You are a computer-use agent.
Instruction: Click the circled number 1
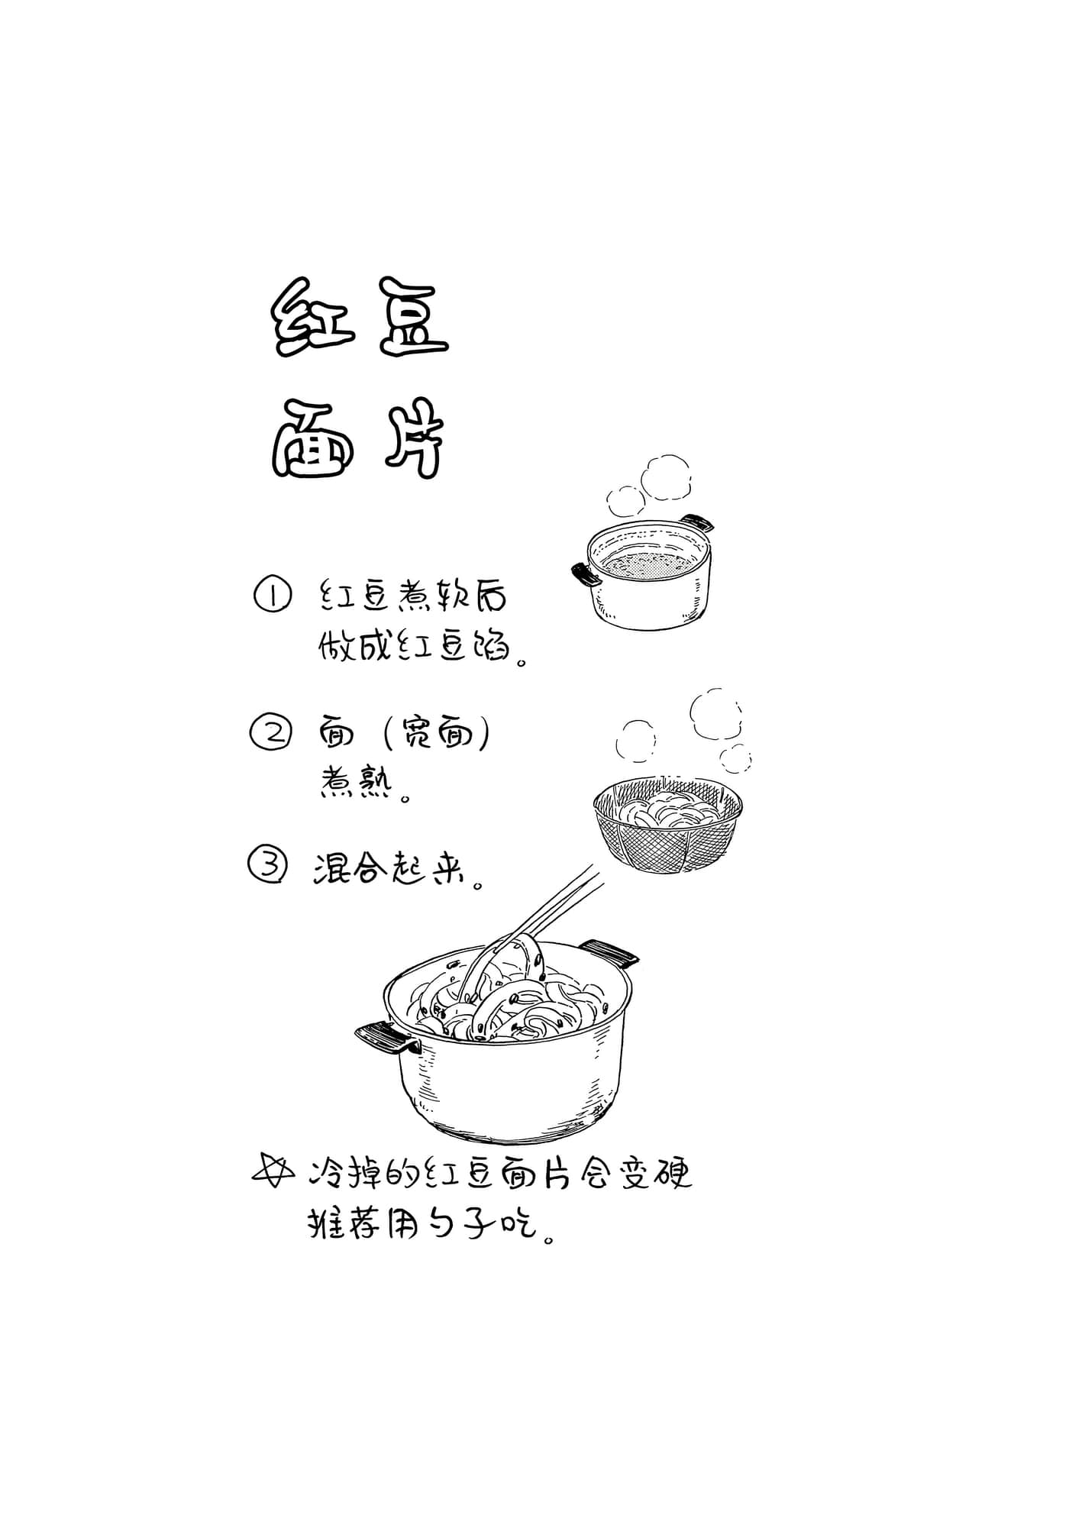[x=272, y=596]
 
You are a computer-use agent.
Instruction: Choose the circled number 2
[x=270, y=733]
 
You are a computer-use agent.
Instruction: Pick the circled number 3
[x=269, y=866]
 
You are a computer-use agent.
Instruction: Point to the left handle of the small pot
[x=586, y=573]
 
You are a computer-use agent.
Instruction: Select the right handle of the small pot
[x=697, y=523]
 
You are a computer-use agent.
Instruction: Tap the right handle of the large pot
[x=609, y=953]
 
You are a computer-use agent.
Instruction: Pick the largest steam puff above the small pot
[x=667, y=478]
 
